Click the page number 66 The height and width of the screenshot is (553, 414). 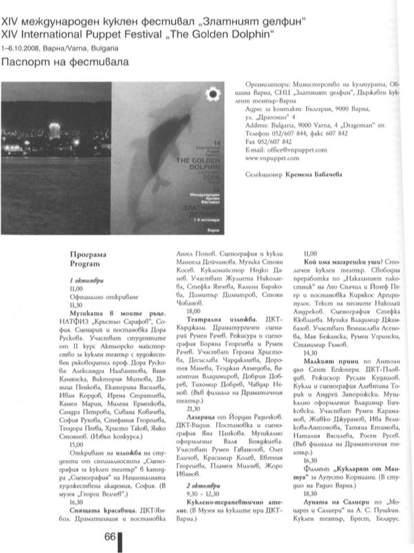[x=110, y=536]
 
